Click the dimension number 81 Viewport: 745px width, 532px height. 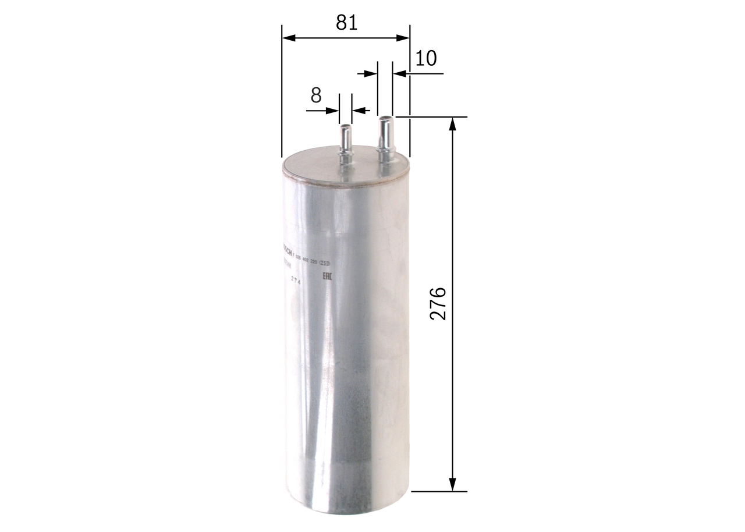point(346,23)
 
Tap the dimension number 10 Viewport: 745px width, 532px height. point(426,58)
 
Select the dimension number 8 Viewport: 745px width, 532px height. point(316,95)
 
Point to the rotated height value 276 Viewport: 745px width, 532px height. point(438,303)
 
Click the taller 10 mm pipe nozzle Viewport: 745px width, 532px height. point(385,137)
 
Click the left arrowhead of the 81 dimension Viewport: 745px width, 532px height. point(289,38)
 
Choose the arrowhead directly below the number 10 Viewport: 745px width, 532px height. point(399,73)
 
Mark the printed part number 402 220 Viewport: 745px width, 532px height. point(311,263)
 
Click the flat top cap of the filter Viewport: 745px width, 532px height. point(345,169)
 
